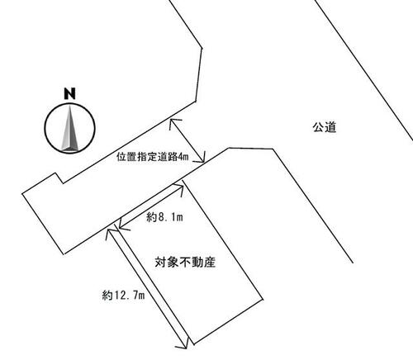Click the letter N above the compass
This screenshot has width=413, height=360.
tap(69, 93)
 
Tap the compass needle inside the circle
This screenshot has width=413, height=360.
tap(69, 128)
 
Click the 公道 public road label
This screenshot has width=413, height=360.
tap(325, 127)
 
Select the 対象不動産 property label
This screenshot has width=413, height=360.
tap(185, 262)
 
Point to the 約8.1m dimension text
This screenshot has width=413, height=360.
tap(164, 217)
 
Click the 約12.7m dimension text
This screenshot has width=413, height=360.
tap(123, 296)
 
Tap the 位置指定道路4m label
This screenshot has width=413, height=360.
tap(153, 157)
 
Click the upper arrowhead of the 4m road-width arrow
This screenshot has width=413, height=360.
tap(173, 123)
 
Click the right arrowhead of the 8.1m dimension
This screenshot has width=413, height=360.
tap(180, 188)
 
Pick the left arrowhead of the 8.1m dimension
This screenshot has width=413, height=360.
tap(121, 225)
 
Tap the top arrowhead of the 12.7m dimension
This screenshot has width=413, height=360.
tap(110, 233)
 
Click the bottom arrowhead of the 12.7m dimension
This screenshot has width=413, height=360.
tap(185, 345)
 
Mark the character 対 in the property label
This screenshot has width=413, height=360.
tap(161, 262)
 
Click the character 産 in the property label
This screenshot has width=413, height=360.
tap(210, 262)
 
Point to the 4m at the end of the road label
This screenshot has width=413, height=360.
tap(183, 157)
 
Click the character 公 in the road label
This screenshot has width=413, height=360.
tap(319, 127)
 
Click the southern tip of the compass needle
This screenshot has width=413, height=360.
tap(70, 151)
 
